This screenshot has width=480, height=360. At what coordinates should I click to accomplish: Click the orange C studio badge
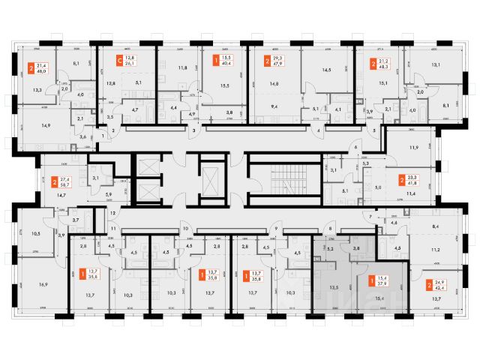point(118,60)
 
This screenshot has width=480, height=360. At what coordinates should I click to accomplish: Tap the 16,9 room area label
point(43,284)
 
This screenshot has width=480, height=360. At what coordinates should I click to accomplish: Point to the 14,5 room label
point(325,70)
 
